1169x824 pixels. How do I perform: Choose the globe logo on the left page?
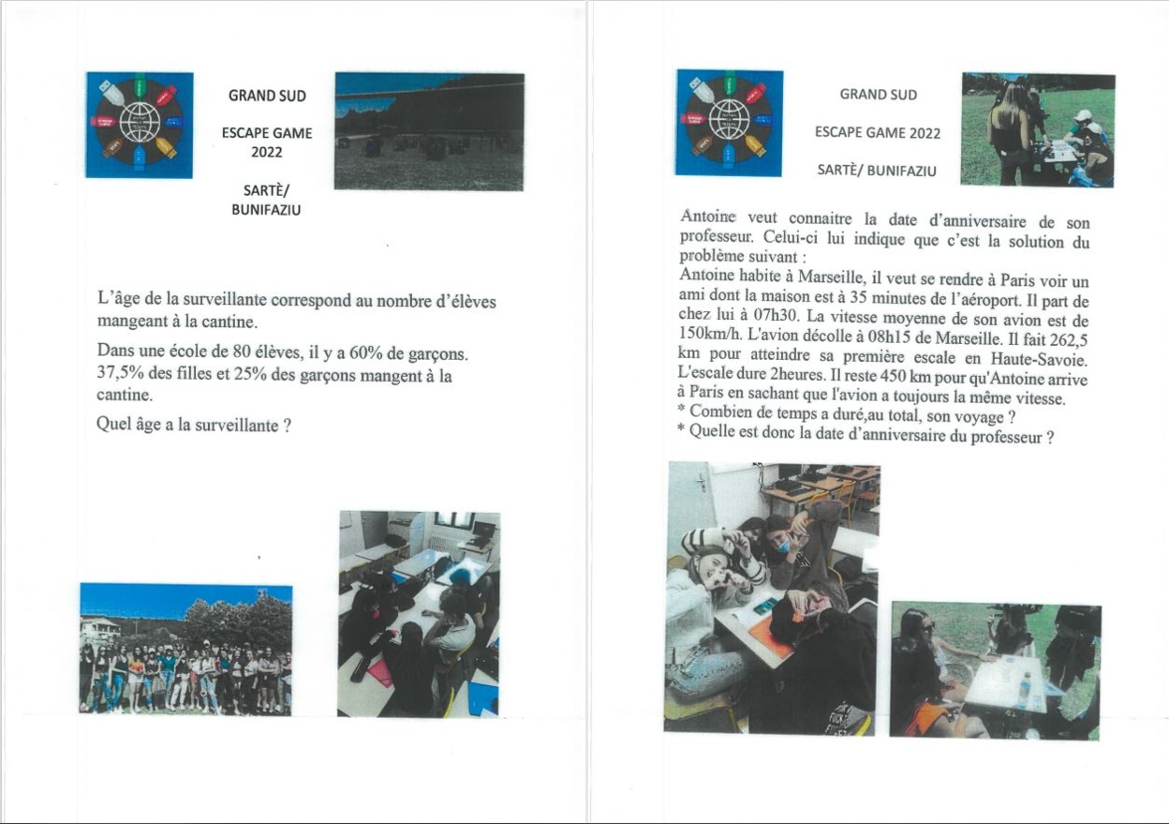pos(139,125)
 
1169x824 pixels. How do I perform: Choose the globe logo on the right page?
pos(729,122)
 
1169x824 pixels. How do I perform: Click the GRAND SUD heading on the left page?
pos(267,96)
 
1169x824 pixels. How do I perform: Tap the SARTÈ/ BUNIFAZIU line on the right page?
pos(877,171)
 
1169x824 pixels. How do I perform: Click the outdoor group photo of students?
pos(185,649)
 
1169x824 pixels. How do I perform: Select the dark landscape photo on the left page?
pos(429,131)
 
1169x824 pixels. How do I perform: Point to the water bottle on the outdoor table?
pos(1025,689)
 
